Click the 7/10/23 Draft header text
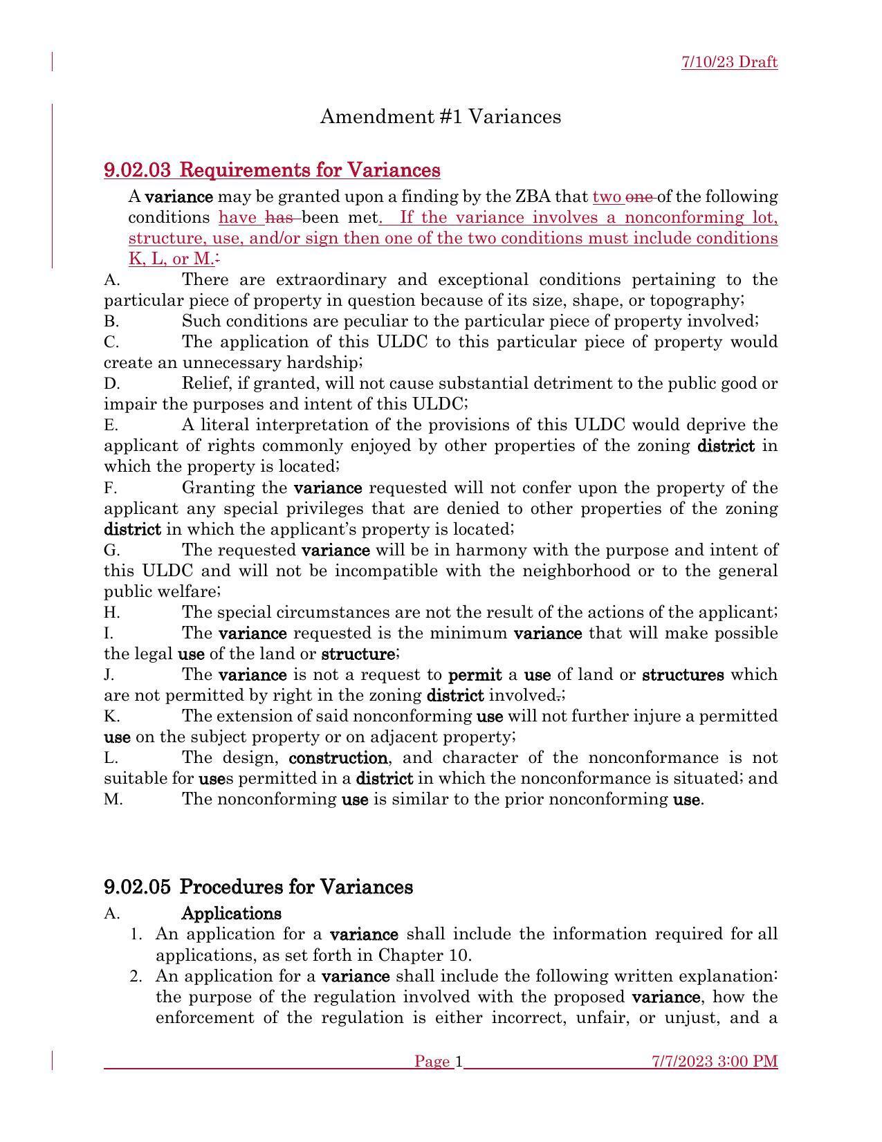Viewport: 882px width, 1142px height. tap(729, 62)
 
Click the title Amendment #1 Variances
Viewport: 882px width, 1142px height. tap(440, 117)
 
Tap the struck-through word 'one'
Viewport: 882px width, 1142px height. tap(639, 197)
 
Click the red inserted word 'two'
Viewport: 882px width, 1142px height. tap(607, 197)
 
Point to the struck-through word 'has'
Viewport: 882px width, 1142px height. tap(280, 218)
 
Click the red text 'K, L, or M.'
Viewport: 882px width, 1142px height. tap(171, 259)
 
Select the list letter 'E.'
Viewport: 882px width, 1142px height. tap(111, 425)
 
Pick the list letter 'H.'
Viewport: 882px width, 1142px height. tap(112, 613)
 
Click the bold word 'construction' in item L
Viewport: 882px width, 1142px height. tap(338, 758)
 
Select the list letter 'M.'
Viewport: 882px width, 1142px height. tap(113, 800)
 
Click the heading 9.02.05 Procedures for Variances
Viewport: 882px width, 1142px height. tap(258, 887)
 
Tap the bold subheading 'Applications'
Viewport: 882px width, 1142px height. tap(231, 914)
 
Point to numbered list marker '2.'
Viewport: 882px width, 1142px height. tap(136, 977)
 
